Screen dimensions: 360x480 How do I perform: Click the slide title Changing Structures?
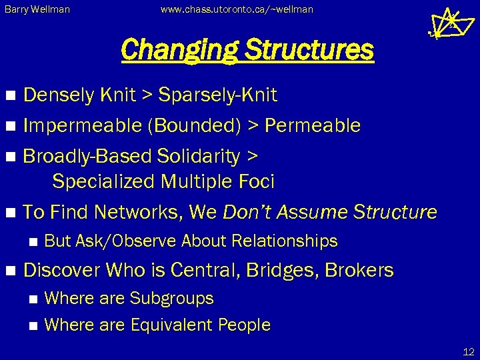tap(247, 49)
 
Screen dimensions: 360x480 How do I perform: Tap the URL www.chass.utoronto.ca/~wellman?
tap(237, 10)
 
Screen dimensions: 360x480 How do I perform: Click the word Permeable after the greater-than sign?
tap(313, 125)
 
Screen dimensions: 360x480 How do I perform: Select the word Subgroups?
tap(172, 298)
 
